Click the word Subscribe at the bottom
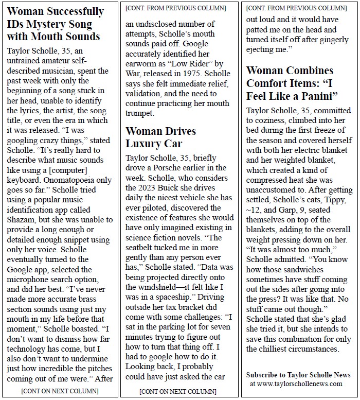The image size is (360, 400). (x=263, y=374)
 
